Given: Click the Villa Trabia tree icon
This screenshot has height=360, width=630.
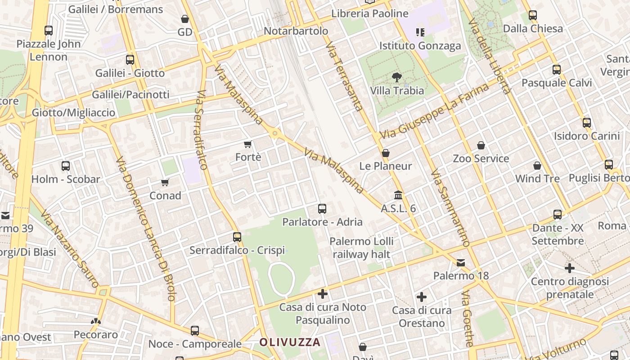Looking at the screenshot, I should coord(396,77).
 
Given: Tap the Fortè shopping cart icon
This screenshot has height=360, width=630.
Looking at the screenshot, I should coord(247,144).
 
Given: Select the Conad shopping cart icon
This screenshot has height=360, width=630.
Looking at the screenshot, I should coord(165,182).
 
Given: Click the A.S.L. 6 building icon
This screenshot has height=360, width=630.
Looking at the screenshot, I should coord(398,195).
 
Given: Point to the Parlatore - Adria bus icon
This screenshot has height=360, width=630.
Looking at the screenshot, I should coord(322,208).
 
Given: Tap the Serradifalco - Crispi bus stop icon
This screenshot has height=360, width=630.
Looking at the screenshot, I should coord(237,237).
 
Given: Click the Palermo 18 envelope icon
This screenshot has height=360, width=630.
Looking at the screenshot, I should coord(461,262).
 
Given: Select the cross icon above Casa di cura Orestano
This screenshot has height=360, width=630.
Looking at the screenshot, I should coord(422,297).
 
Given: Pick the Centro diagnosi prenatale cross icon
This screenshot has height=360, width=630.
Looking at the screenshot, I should coord(570,268).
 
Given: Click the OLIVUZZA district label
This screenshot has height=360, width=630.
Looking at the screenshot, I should coord(290,342).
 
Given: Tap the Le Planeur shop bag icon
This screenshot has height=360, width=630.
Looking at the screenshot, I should coord(385,153).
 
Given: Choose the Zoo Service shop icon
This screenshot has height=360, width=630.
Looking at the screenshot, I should coord(481,145).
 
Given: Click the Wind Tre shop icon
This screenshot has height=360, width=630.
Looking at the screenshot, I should coord(537,166).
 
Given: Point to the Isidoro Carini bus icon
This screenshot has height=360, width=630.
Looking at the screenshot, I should coord(587,122).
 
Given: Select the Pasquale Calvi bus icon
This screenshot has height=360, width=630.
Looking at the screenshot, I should coord(557,70).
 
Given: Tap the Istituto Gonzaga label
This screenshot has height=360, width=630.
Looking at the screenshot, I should coord(420,46).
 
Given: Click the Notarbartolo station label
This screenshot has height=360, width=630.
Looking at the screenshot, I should coord(296,31).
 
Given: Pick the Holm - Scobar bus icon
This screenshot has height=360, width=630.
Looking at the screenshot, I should coord(66,166).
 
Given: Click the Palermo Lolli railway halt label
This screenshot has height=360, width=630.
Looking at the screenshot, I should coord(361,247).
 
